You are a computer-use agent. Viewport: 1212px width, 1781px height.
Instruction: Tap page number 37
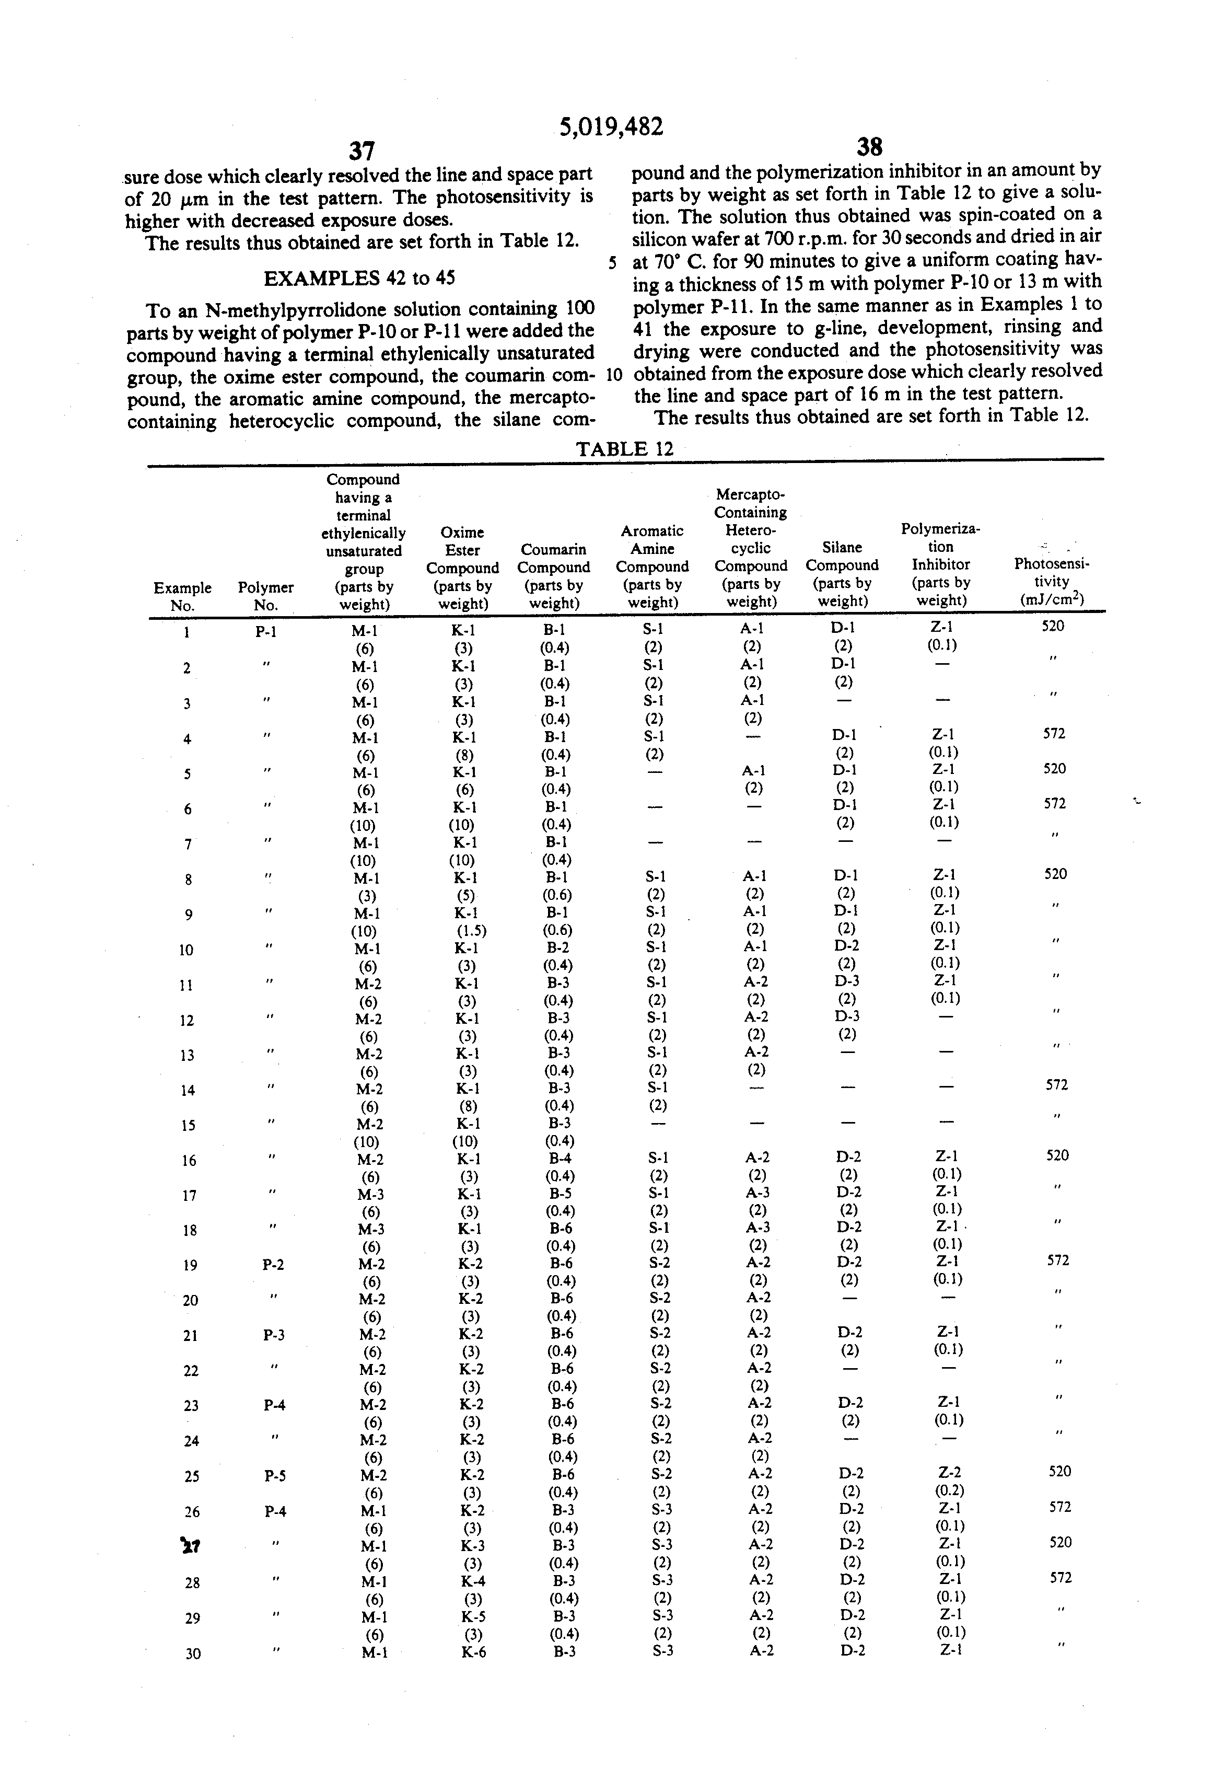coord(362,150)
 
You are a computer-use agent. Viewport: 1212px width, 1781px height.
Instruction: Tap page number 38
coord(869,146)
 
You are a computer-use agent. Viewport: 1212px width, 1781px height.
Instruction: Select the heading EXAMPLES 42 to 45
coord(359,277)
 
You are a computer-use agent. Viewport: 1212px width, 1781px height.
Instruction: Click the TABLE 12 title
coord(624,449)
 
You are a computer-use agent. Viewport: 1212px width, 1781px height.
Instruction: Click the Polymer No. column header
coord(265,596)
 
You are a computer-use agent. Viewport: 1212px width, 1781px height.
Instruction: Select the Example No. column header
coord(182,596)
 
